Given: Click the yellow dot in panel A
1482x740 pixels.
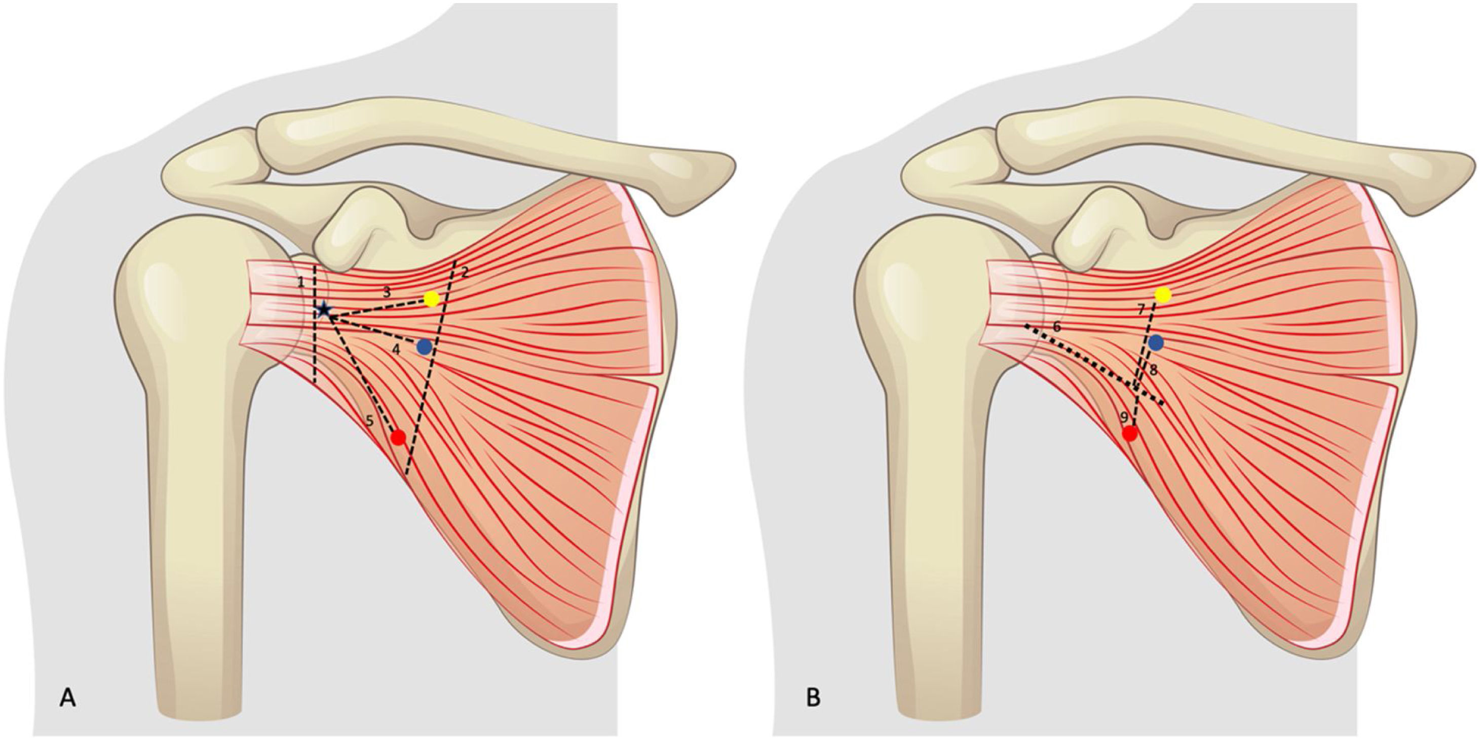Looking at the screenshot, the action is click(432, 299).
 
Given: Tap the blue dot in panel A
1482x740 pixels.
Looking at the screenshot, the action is click(425, 347).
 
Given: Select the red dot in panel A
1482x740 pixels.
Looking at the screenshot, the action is click(398, 438).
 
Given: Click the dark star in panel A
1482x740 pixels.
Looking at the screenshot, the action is click(324, 310).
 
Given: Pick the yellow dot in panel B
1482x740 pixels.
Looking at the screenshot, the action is click(1163, 295).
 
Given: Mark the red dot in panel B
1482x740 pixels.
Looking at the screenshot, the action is click(1130, 434).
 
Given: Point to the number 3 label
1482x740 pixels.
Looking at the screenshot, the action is click(387, 292).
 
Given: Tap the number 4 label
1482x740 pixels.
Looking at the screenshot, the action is click(396, 348).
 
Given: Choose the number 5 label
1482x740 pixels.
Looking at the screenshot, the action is click(370, 421).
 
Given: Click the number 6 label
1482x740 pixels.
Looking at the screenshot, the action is click(1056, 327).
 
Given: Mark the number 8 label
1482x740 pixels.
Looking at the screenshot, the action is click(1153, 371).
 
